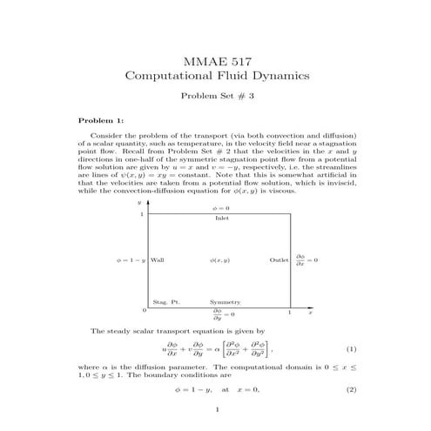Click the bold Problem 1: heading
[x=101, y=120]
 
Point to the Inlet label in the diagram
[x=222, y=218]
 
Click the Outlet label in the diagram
[x=279, y=260]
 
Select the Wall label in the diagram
[x=157, y=260]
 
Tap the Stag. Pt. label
[x=165, y=301]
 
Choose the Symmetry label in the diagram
[x=224, y=301]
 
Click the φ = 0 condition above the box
[x=221, y=210]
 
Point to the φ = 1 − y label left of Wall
[x=131, y=260]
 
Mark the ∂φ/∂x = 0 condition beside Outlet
[x=306, y=259]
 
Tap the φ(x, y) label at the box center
[x=220, y=260]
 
